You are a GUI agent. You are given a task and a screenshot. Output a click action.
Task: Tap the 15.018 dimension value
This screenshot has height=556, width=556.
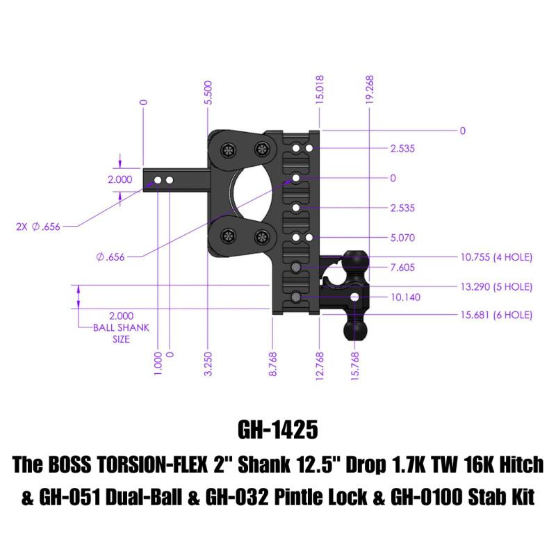tap(320, 89)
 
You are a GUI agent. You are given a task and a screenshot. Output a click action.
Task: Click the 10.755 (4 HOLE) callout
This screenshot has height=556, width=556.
tap(496, 257)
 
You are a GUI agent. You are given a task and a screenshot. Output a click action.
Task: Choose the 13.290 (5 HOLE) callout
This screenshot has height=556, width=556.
tap(496, 286)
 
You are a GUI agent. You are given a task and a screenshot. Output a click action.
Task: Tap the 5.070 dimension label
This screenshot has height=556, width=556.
tap(404, 238)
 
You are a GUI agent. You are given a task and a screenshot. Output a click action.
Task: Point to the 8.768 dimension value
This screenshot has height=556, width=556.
tap(273, 363)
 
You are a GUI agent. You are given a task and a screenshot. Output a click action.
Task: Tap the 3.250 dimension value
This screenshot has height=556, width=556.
tap(208, 363)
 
